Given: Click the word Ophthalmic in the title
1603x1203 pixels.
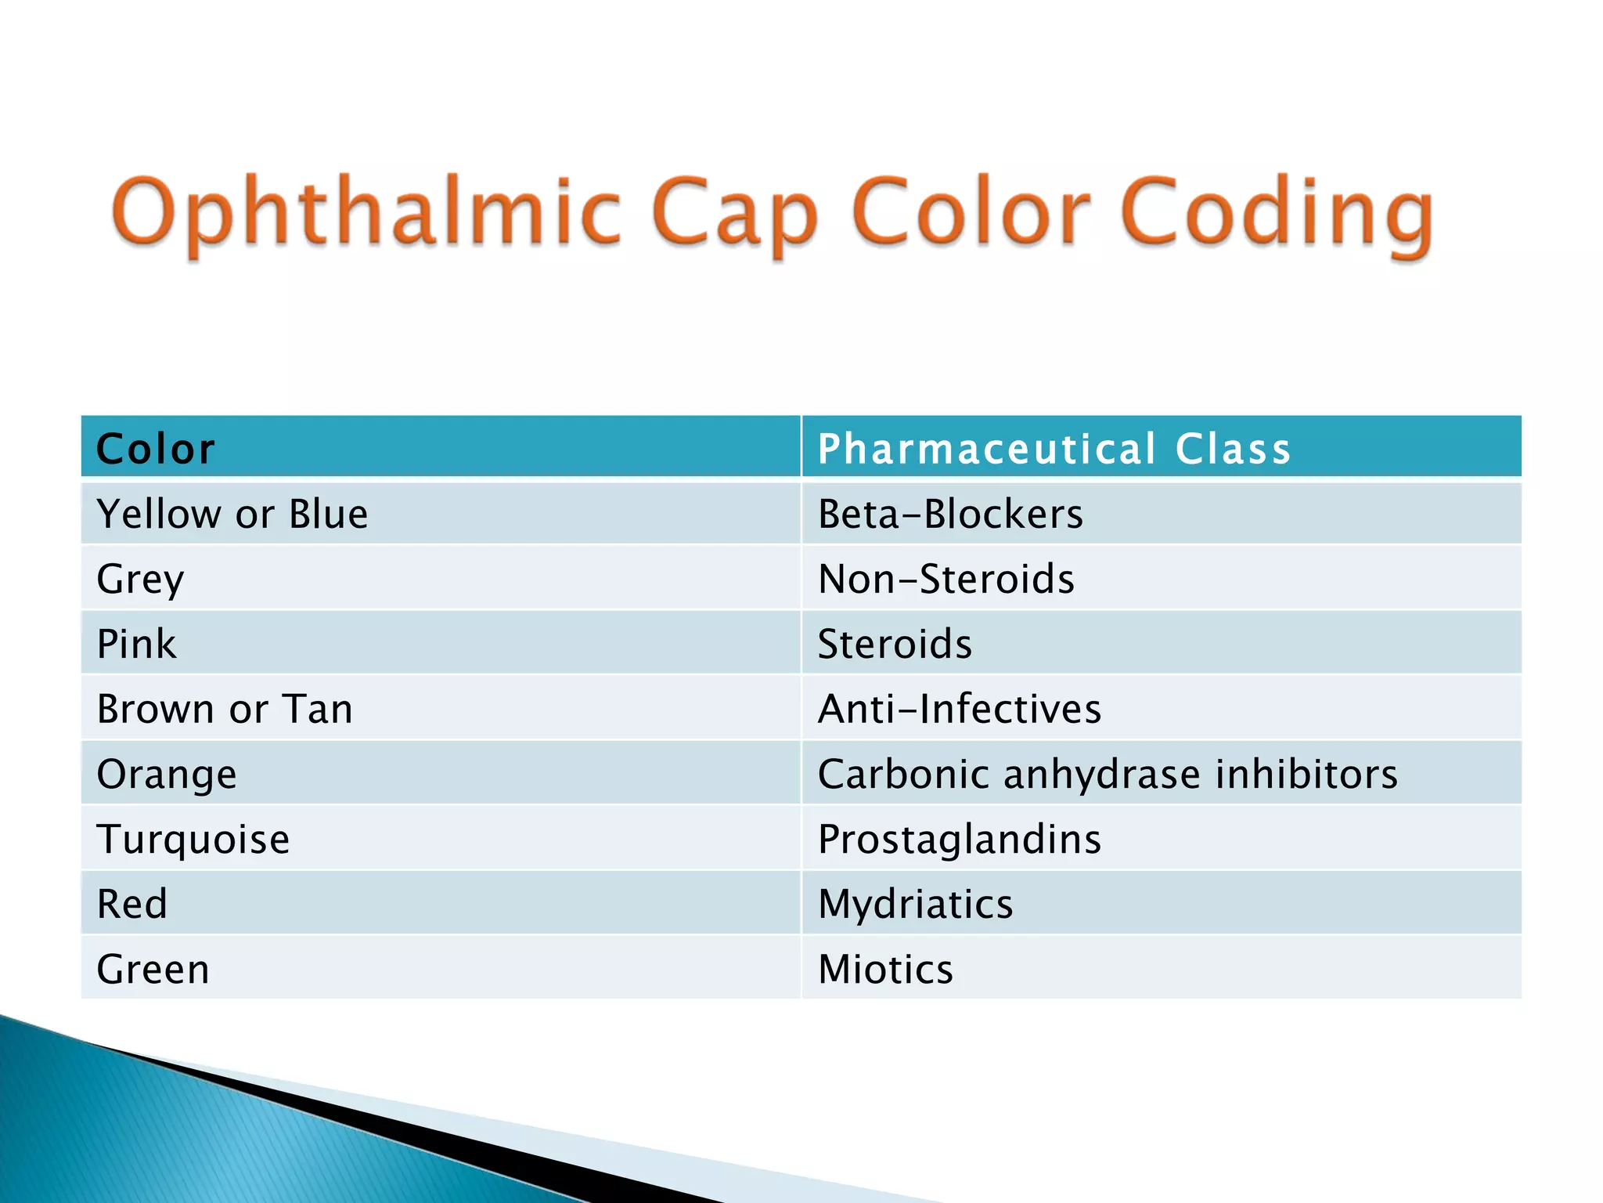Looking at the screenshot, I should click(368, 211).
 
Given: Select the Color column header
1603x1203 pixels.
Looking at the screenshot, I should click(155, 449).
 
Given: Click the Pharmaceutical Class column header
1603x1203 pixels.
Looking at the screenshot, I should click(1054, 449).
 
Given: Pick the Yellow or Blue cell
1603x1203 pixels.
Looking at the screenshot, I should click(232, 515).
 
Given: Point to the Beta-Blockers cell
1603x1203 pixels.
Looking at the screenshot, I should click(950, 515).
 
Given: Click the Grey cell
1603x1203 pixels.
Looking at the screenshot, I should click(141, 580).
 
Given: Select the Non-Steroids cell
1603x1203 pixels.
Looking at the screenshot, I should click(946, 580).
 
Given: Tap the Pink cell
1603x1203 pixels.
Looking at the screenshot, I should click(137, 644).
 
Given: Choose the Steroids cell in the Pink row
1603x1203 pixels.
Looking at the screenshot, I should click(895, 644).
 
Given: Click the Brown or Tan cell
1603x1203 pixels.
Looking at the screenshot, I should click(225, 709).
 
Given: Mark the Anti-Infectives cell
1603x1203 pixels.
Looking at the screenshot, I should click(959, 709).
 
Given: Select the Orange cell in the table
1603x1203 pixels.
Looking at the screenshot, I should click(167, 774).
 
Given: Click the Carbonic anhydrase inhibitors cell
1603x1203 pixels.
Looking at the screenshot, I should click(1107, 774).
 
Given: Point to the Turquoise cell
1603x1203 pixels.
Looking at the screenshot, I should click(193, 839).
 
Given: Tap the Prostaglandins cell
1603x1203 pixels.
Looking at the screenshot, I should click(959, 839).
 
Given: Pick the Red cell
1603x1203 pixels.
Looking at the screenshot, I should click(132, 904).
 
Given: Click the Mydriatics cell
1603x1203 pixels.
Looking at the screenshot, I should click(915, 904).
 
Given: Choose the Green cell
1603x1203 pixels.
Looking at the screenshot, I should click(153, 969).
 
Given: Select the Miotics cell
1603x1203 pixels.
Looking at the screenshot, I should click(885, 969).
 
